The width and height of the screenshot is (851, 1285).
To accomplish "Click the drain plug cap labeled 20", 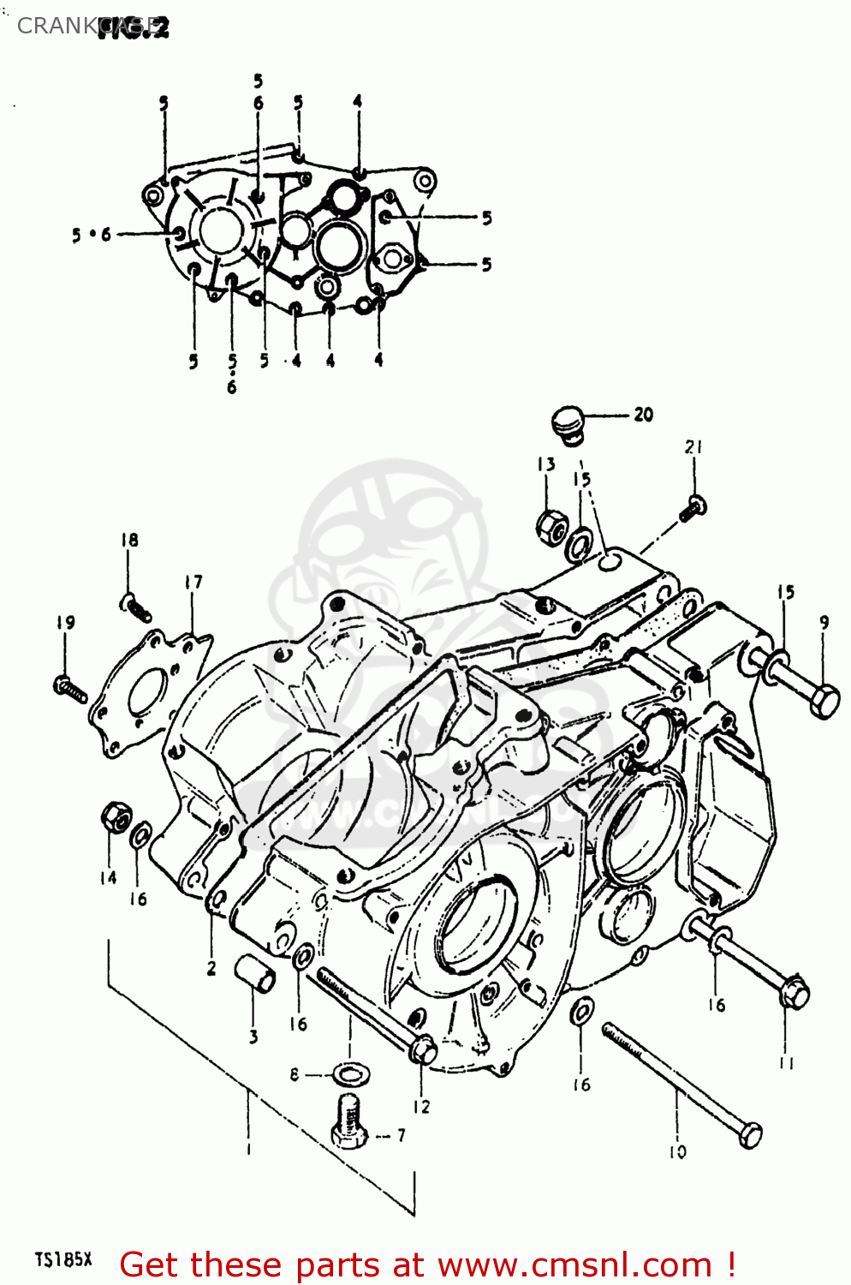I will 566,425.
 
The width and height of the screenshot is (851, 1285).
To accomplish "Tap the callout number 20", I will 644,415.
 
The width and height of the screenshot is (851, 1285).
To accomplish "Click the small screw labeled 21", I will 693,508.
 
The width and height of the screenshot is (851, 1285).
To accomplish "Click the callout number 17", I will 193,583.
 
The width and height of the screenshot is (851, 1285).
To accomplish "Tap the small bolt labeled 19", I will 69,688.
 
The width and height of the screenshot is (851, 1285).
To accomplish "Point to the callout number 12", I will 421,1107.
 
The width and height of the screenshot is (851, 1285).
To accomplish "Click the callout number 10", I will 677,1152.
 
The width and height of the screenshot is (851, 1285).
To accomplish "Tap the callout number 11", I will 786,1063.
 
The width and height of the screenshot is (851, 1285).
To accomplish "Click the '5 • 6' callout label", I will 92,235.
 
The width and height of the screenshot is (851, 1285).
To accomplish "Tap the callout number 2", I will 211,969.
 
